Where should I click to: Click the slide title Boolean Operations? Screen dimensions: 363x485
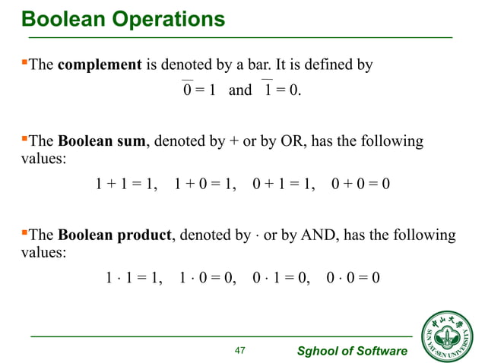point(122,19)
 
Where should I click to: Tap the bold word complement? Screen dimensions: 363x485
point(100,65)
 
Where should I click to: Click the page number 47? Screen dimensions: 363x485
point(241,350)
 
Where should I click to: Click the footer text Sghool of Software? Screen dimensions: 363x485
point(351,350)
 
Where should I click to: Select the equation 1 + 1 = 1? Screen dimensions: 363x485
point(125,184)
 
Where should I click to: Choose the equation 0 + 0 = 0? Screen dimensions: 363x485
point(361,184)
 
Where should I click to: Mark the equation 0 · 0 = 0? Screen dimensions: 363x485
point(353,278)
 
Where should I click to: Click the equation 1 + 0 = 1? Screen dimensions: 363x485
point(204,184)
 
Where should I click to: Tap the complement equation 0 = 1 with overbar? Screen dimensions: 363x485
point(199,90)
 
